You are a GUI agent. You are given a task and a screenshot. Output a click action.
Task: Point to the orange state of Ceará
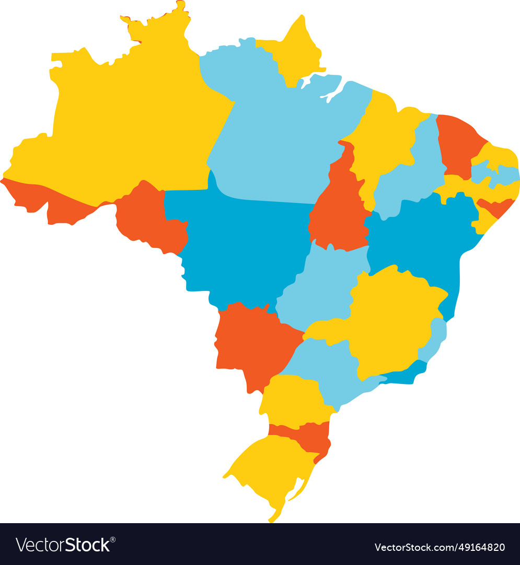(456, 144)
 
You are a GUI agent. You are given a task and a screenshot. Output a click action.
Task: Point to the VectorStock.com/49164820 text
(440, 547)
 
